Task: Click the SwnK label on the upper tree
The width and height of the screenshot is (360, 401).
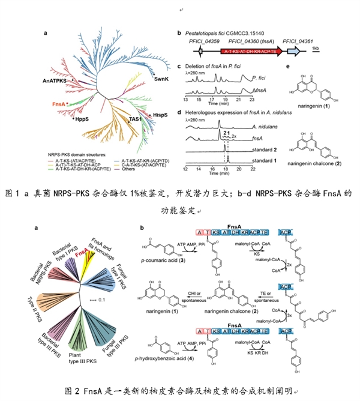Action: coord(161,79)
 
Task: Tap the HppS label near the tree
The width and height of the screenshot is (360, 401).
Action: coord(80,120)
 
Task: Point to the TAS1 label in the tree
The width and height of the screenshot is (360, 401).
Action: coord(135,120)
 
